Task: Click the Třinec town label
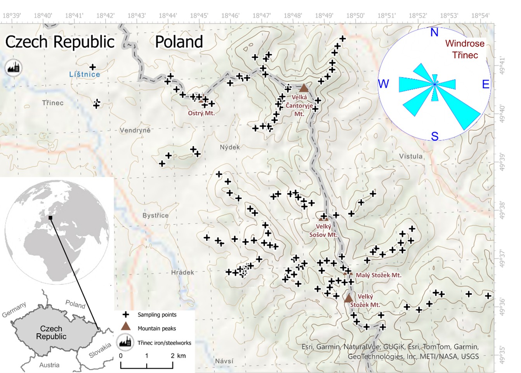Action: (x=53, y=103)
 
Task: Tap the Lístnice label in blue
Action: (x=84, y=74)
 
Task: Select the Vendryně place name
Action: (x=135, y=130)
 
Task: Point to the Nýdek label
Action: (x=230, y=147)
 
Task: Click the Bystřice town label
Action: (x=155, y=215)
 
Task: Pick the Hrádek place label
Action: (x=182, y=272)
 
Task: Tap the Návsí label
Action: (x=224, y=361)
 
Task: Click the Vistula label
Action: (x=411, y=156)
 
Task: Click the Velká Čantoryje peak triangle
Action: (x=304, y=88)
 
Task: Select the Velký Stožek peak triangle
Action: (x=348, y=298)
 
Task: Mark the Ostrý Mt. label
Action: (x=201, y=113)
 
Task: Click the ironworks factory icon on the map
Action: (x=14, y=68)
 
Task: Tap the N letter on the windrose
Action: (x=434, y=32)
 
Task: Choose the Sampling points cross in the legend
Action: (x=126, y=314)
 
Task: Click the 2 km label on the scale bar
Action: (x=178, y=356)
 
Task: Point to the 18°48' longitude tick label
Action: (x=293, y=16)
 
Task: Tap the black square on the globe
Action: (x=50, y=218)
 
